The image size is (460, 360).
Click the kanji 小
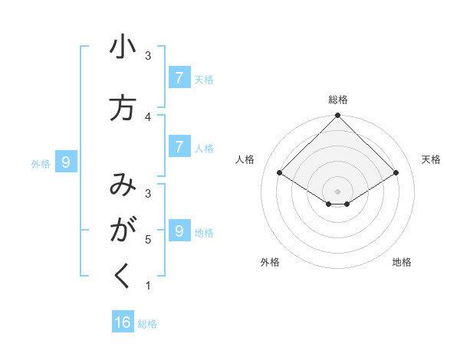123,48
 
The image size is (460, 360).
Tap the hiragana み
123,186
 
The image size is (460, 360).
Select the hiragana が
123,230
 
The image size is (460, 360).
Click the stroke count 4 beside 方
148,116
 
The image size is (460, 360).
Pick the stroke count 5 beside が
148,240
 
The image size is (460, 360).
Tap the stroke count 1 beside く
148,286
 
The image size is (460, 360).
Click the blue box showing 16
123,322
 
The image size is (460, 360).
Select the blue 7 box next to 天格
179,77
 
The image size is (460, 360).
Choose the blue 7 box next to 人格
179,146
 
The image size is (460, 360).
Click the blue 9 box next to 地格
179,231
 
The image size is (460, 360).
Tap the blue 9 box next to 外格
66,162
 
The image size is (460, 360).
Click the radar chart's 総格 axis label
338,100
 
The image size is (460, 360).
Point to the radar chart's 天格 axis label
431,159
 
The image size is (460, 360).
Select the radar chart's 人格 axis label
245,159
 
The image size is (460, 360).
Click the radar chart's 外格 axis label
270,262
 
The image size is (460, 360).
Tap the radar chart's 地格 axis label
402,262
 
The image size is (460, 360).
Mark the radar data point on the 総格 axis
338,116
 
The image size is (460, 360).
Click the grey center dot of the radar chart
338,191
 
